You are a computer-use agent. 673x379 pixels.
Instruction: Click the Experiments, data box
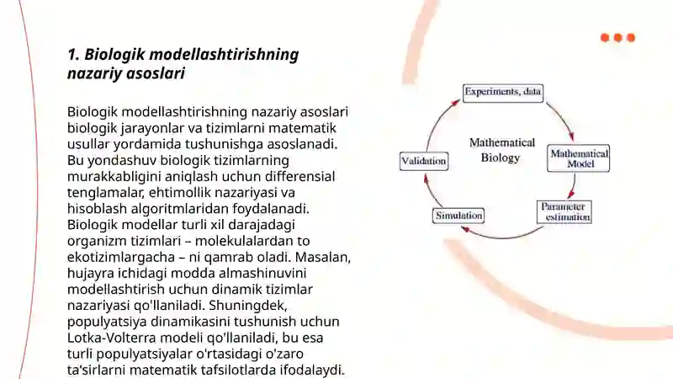[x=503, y=93]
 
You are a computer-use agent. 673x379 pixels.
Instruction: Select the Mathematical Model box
[x=579, y=158]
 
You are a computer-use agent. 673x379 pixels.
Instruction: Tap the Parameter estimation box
[x=564, y=212]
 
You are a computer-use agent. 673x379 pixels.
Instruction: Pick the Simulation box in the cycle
[x=458, y=216]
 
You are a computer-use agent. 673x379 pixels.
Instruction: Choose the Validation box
[x=424, y=161]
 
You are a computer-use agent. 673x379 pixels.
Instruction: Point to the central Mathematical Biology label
[x=501, y=150]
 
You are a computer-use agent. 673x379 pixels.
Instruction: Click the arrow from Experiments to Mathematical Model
[x=560, y=120]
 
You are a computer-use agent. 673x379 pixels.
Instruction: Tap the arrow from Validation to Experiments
[x=439, y=122]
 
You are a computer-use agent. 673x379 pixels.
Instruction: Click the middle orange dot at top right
[x=618, y=38]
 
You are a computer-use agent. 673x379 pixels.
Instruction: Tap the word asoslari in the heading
[x=156, y=73]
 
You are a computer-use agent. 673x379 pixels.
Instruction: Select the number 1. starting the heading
[x=73, y=55]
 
